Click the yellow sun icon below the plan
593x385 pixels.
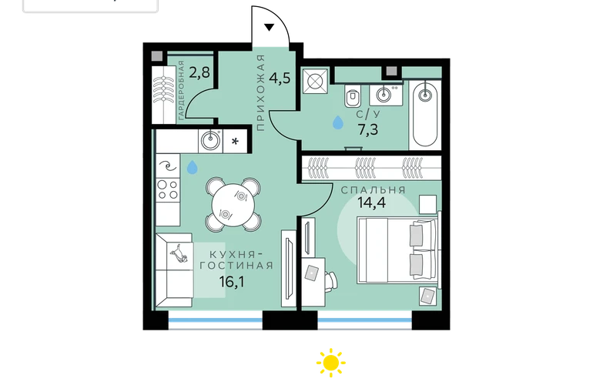point(331,363)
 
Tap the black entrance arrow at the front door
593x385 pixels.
point(269,27)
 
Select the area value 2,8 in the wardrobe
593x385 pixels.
point(199,72)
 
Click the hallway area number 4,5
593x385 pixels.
point(280,78)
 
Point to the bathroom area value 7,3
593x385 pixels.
point(367,129)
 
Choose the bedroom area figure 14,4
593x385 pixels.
point(371,203)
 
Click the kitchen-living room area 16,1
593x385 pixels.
point(232,282)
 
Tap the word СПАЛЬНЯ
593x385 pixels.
point(374,190)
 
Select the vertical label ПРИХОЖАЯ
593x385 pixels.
point(260,92)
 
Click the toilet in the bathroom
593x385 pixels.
point(353,97)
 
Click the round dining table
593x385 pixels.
point(233,205)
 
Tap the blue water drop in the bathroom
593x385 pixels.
point(338,122)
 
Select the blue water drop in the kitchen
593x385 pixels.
point(193,167)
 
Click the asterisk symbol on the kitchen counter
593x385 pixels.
point(235,142)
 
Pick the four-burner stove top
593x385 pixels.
point(168,189)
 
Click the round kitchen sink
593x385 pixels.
point(210,141)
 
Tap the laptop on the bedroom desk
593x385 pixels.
point(313,273)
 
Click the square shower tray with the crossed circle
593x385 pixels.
point(316,82)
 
